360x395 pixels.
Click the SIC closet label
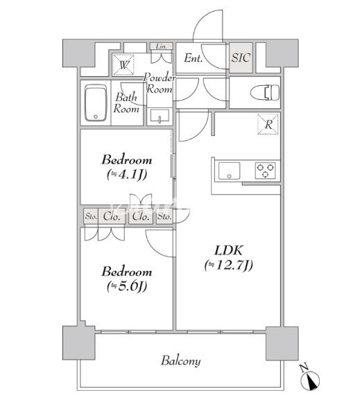click(x=241, y=58)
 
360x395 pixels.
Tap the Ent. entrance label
click(x=193, y=58)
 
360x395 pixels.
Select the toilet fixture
click(x=265, y=93)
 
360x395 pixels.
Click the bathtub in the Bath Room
click(x=96, y=103)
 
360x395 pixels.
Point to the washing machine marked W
click(x=123, y=64)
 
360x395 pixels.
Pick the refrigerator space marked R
click(x=268, y=124)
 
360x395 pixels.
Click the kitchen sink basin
click(x=229, y=170)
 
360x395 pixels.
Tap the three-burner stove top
click(x=265, y=170)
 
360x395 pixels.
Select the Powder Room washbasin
click(x=160, y=116)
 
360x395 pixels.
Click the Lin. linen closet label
click(x=162, y=46)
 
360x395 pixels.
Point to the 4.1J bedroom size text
click(x=127, y=175)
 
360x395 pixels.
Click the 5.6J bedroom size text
click(x=127, y=286)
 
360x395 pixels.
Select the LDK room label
click(x=229, y=250)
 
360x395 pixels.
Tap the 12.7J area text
click(x=228, y=265)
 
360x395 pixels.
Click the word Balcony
click(x=181, y=361)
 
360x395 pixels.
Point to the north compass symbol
click(x=310, y=377)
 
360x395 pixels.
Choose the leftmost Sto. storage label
click(x=91, y=216)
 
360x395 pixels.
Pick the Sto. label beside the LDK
click(x=164, y=216)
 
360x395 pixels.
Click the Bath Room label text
click(x=126, y=103)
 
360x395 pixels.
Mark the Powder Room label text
click(x=160, y=83)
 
